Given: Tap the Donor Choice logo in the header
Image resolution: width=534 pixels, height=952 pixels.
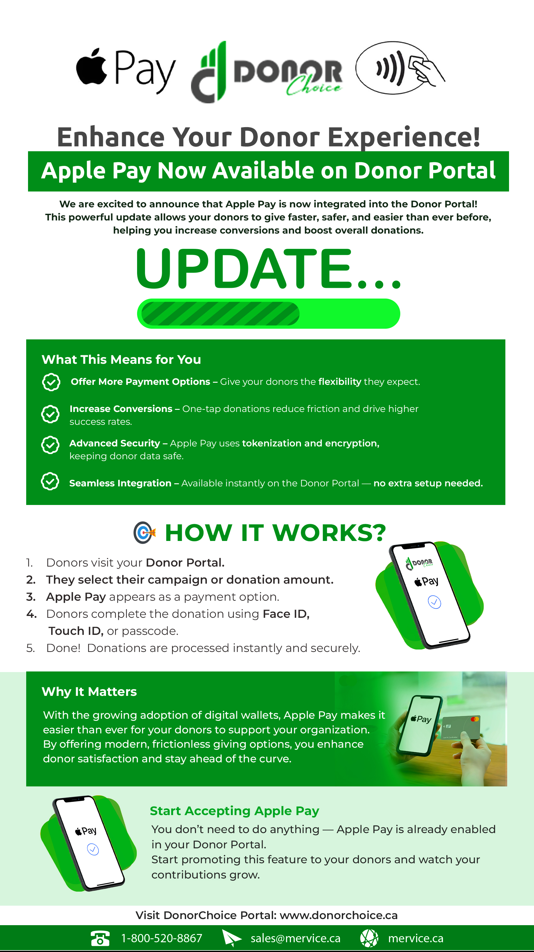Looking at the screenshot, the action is (x=267, y=72).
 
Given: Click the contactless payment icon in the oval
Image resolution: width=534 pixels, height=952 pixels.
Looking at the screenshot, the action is (x=400, y=68).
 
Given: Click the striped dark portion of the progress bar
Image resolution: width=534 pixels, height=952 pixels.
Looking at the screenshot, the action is (x=220, y=314).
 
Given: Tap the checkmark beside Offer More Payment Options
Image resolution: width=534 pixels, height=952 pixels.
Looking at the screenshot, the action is (x=51, y=382).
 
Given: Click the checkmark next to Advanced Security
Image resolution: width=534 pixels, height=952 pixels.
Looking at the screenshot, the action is (x=50, y=445).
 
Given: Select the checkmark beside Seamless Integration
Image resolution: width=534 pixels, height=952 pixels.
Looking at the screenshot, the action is (x=50, y=481).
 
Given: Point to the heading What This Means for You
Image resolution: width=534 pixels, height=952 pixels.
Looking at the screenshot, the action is (x=121, y=359).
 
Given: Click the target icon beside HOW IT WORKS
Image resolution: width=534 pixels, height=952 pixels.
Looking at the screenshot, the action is (x=144, y=532).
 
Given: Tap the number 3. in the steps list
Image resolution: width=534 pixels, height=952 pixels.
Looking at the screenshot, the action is (x=31, y=597).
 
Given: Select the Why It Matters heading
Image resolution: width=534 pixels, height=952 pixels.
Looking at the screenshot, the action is (x=89, y=692).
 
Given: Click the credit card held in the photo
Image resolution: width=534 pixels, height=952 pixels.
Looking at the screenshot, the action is (x=461, y=727).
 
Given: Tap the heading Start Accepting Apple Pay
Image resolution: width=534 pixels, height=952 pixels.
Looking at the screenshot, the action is (x=235, y=811).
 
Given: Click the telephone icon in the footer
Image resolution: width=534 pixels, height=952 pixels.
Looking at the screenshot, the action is (x=100, y=938).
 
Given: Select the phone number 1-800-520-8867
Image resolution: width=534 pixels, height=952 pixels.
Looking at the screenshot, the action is (x=162, y=938).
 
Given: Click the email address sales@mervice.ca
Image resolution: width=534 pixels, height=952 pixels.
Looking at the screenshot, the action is (x=295, y=938).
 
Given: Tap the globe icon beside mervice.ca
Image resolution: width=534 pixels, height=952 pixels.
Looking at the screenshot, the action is (x=369, y=938).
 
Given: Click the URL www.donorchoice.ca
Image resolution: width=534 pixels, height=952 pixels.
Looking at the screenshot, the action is (x=339, y=915).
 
